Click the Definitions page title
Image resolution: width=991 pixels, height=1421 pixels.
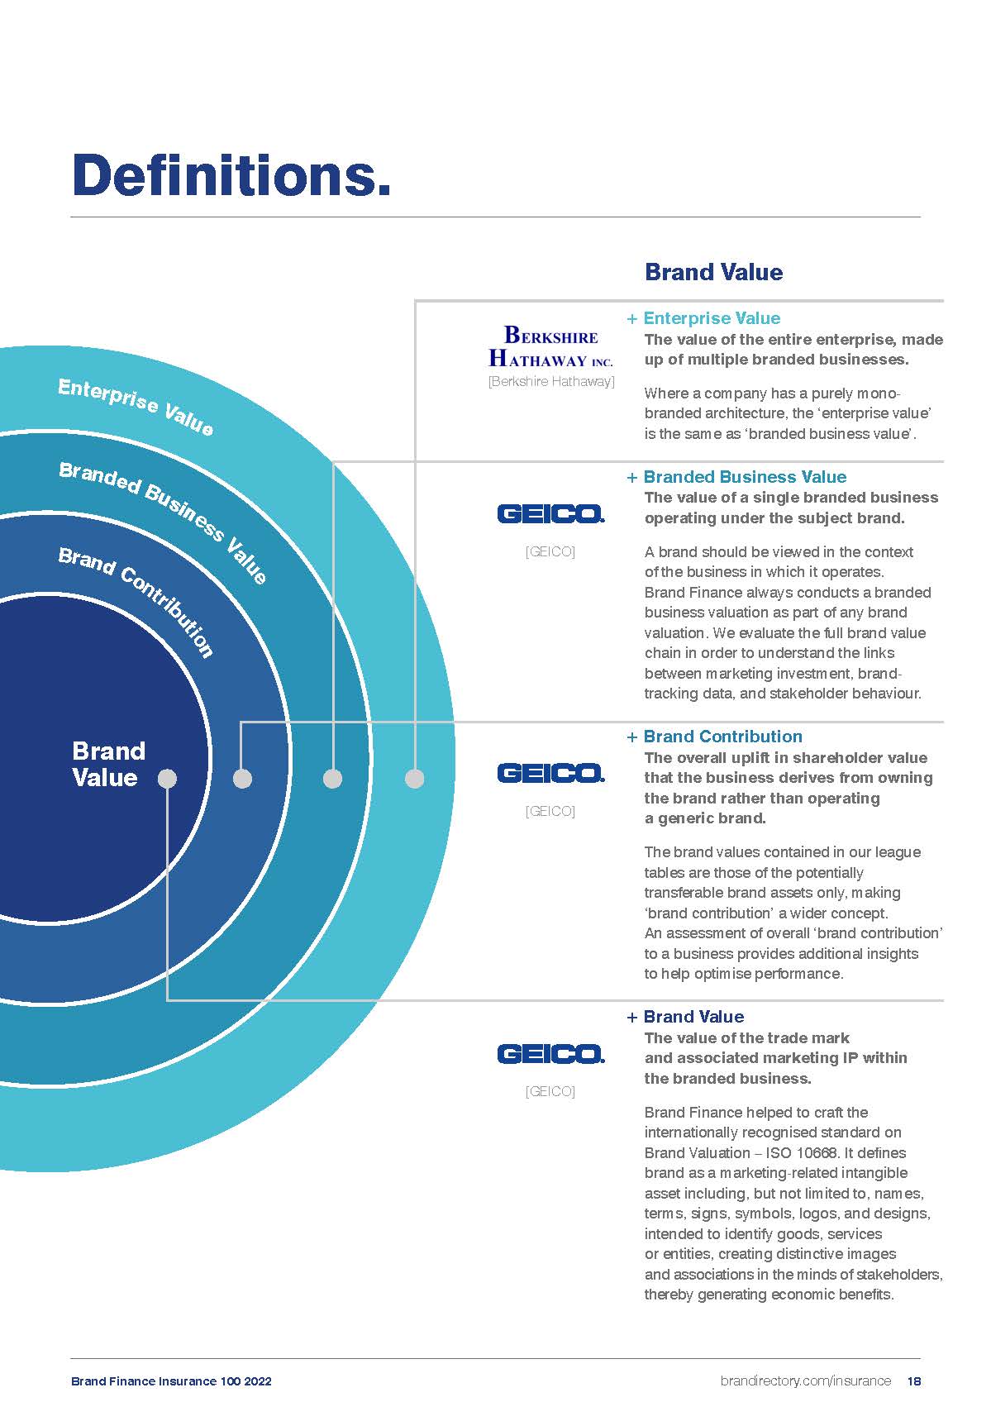[x=231, y=175]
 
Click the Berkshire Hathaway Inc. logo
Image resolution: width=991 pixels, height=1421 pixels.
[x=550, y=346]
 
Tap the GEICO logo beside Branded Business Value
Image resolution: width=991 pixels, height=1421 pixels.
[x=550, y=513]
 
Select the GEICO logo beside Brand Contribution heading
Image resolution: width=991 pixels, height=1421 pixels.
[x=550, y=773]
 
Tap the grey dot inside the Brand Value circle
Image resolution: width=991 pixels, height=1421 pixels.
[x=167, y=779]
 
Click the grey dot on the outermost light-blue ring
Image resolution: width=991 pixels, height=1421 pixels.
[x=415, y=779]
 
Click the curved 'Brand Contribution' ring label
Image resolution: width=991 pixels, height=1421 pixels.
[x=137, y=599]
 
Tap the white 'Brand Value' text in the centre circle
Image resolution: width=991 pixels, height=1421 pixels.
[x=107, y=764]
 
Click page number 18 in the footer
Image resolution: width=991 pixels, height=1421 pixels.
[x=913, y=1381]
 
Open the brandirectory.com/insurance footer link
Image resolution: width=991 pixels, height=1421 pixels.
[x=806, y=1381]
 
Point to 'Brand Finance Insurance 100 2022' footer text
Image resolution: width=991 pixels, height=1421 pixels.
[x=171, y=1381]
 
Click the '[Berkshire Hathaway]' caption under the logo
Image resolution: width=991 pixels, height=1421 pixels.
[x=551, y=382]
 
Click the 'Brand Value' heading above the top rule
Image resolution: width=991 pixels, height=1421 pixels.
[x=713, y=272]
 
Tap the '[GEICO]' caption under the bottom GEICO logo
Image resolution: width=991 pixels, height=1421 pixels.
[x=550, y=1091]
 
